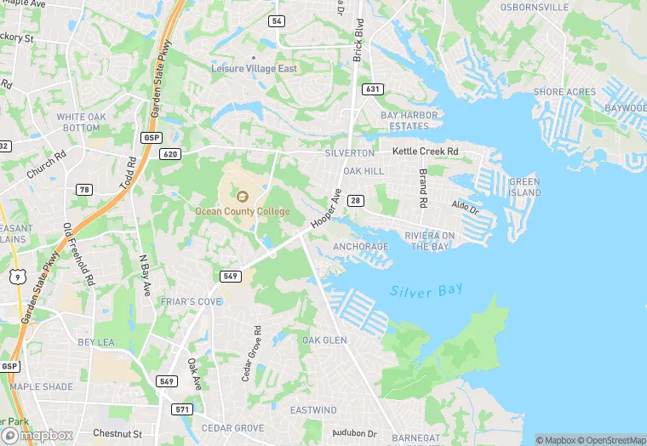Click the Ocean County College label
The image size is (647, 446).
[243, 211]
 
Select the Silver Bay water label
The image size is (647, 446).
[427, 290]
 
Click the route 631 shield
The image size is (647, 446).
[371, 89]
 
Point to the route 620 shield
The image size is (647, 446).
[169, 154]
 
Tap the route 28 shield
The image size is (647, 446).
[356, 200]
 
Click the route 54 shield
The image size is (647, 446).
[277, 20]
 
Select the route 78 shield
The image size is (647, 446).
[83, 189]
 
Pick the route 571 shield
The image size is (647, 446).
[181, 409]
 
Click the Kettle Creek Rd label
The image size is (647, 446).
[425, 152]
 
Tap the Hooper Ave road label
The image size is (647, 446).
[326, 209]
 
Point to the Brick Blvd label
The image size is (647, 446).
[358, 37]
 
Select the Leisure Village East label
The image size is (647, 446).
[254, 68]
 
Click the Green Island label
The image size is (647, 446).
[524, 187]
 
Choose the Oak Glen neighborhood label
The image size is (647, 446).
[324, 340]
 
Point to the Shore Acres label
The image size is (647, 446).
[564, 92]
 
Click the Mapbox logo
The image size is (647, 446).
[37, 434]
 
